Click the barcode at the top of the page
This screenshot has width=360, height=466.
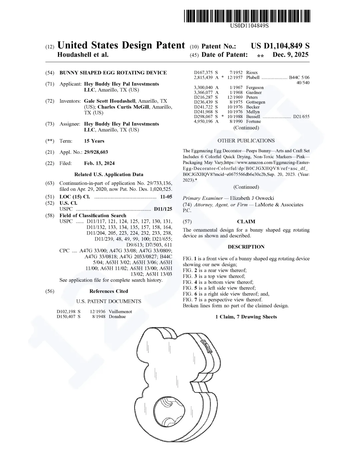point(247,16)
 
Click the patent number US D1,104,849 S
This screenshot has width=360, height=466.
point(280,46)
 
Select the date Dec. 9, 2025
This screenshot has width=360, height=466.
point(291,55)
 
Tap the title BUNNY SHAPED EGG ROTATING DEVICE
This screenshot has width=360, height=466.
point(113,73)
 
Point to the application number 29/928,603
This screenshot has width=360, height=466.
point(96,152)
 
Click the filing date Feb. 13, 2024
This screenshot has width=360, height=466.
point(99,163)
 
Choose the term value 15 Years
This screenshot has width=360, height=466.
point(94,141)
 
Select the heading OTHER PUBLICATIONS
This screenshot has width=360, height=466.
point(246,141)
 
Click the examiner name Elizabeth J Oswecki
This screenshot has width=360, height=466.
point(252,198)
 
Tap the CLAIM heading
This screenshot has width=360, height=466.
point(246,221)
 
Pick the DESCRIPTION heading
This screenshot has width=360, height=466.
point(246,247)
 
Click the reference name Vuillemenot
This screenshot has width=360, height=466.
point(120,312)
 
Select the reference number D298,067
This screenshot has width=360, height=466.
point(203,117)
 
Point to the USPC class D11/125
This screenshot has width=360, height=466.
point(163,209)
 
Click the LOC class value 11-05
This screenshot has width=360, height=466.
point(166,197)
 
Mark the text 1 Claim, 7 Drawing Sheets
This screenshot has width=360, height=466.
point(246,317)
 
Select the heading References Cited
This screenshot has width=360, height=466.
point(109,291)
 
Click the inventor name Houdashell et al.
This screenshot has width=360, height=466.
point(83,55)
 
